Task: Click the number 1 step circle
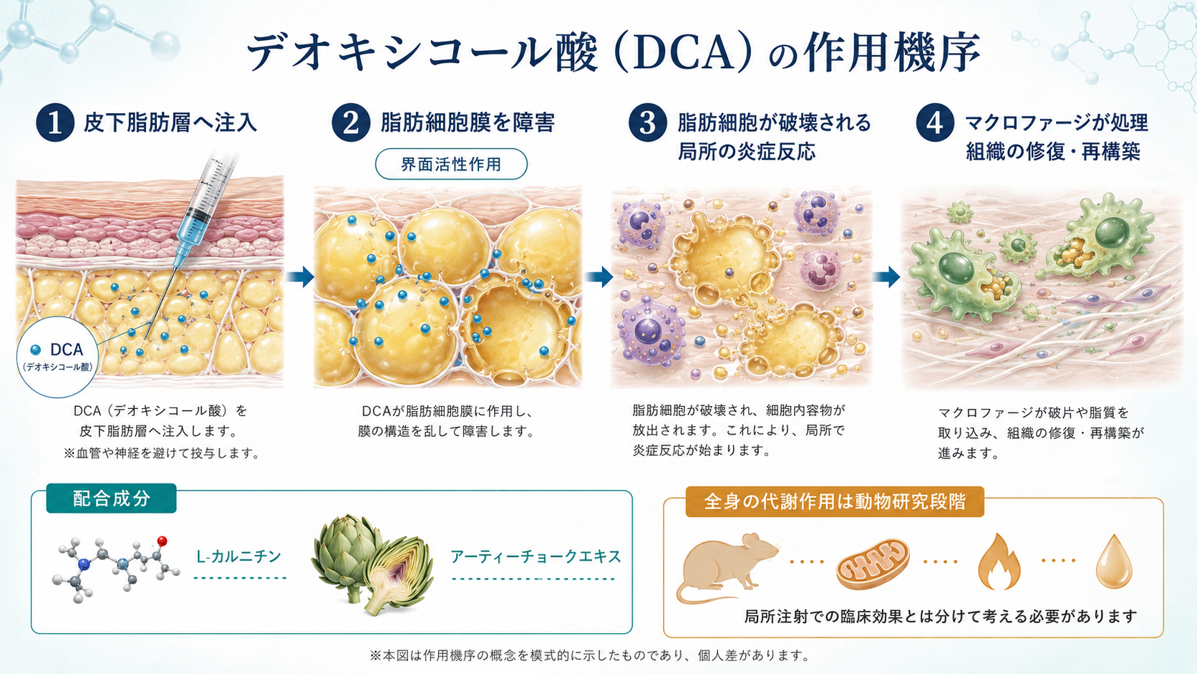pos(54,122)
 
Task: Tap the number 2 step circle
pos(351,122)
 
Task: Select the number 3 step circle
pos(647,122)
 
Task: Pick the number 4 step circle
pos(935,122)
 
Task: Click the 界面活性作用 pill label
pos(451,164)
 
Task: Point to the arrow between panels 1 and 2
pos(300,277)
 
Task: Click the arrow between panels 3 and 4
pos(886,277)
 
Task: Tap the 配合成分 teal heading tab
pos(111,499)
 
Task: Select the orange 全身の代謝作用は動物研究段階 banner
pos(834,501)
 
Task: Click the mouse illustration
pos(727,567)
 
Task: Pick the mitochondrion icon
pos(872,564)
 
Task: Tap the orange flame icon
pos(998,562)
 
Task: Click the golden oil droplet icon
pos(1114,562)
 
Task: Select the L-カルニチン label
pos(239,557)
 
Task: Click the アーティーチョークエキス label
pos(535,557)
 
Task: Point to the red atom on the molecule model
pos(162,541)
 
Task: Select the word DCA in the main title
pos(684,53)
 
